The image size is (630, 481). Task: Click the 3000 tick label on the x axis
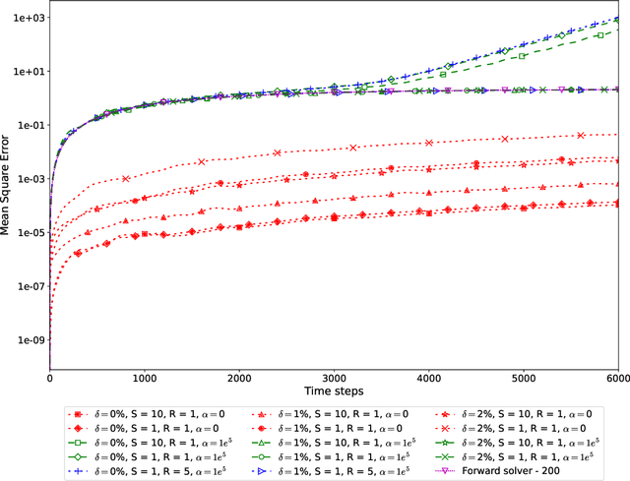click(x=335, y=378)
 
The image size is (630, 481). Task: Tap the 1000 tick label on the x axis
click(x=145, y=378)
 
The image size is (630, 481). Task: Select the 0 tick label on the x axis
click(x=50, y=378)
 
